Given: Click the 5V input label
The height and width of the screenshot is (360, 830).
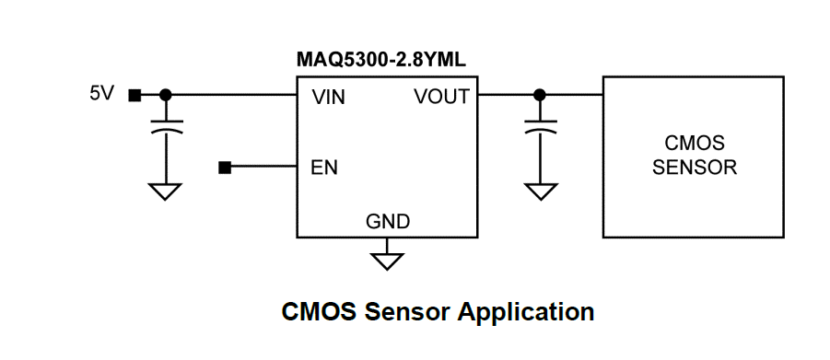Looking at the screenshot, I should [x=101, y=94].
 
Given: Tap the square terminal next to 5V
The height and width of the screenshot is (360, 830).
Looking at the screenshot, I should [x=134, y=95].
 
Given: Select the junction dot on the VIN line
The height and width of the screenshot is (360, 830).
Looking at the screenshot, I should [x=166, y=95].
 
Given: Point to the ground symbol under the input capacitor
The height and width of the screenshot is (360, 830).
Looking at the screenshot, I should [x=166, y=192].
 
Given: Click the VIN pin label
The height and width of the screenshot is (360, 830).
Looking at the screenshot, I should [x=329, y=97].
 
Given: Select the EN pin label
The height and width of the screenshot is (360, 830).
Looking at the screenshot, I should [x=324, y=168].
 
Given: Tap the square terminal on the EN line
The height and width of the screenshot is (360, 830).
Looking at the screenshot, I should [x=225, y=168].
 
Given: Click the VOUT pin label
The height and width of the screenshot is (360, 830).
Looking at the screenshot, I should [x=441, y=97].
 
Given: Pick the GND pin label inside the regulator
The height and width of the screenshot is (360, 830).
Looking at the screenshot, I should [x=388, y=222].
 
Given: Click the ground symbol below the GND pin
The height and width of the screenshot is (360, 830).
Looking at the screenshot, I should [x=388, y=259].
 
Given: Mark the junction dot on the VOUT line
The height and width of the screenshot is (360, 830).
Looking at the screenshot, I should [x=540, y=95].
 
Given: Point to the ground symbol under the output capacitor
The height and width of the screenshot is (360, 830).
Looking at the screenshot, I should [x=540, y=192].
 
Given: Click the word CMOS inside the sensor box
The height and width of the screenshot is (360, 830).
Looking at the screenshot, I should [x=694, y=145].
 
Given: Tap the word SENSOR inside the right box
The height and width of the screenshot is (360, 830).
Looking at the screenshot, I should [x=694, y=168].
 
